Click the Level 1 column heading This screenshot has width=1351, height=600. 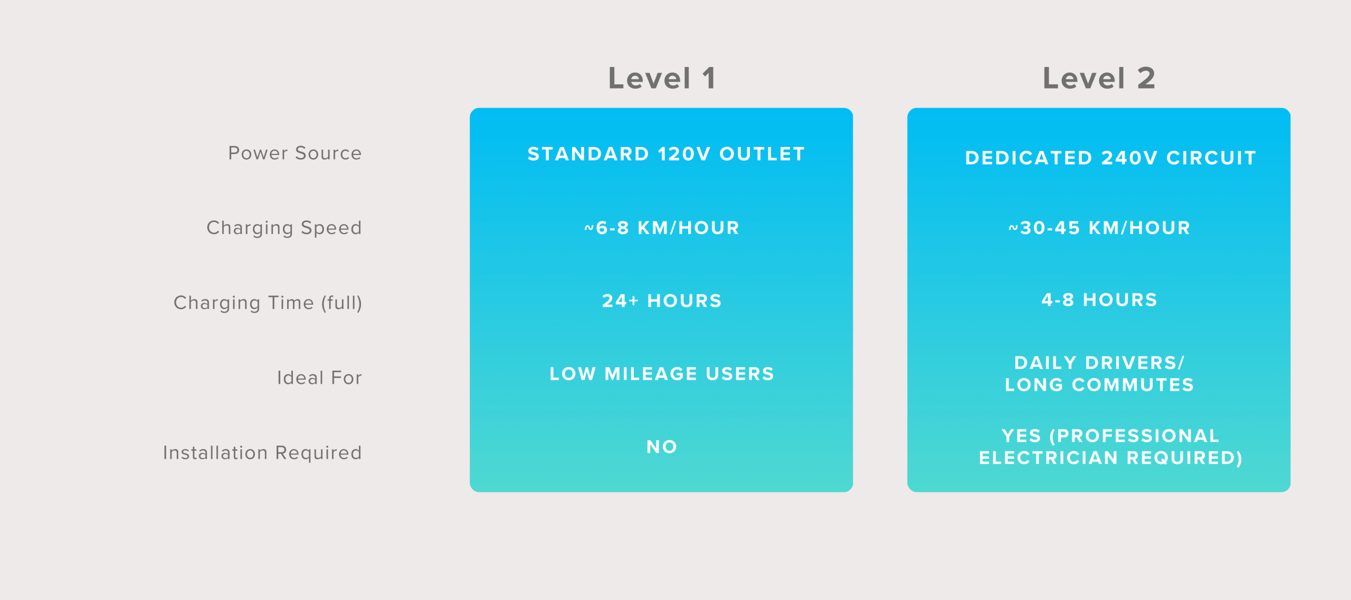point(662,78)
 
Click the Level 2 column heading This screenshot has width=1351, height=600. point(1099,78)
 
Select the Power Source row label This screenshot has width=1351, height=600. point(295,153)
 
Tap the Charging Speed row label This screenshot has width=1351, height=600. point(284,228)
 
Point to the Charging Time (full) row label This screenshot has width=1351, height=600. point(268,303)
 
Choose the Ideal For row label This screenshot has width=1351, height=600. point(320,378)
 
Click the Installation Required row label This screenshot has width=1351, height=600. point(262,452)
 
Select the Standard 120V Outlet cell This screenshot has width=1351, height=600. point(667,154)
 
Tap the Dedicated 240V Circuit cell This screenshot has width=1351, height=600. point(1111,158)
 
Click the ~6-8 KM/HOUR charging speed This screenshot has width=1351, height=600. point(662,228)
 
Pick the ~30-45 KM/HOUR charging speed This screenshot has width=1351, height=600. point(1099,228)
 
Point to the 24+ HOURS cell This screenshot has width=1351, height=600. point(662,301)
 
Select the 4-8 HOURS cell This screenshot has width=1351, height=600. point(1099,300)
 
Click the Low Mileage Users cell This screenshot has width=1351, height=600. point(662,374)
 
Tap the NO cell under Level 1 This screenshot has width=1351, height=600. point(662,447)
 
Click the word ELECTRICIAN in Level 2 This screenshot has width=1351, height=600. point(1049,458)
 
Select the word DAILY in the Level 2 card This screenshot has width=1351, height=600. point(1045,363)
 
